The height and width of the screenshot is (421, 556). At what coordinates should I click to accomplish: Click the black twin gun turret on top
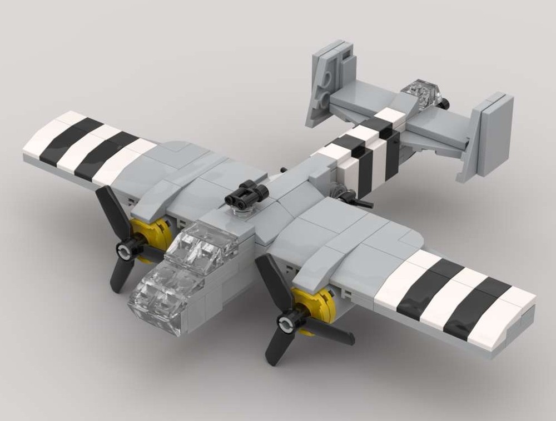click(x=244, y=196)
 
